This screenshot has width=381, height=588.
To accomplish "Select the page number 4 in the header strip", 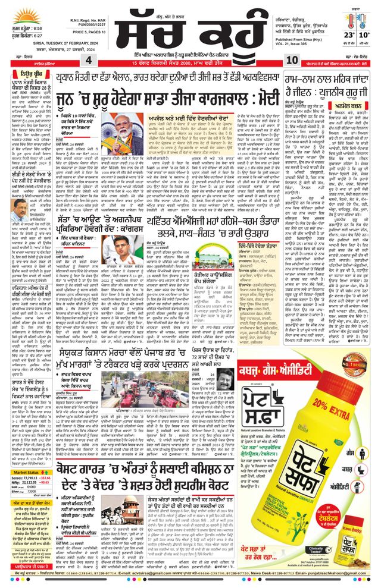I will coord(89,60).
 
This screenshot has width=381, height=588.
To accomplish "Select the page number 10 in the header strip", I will coord(292,60).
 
